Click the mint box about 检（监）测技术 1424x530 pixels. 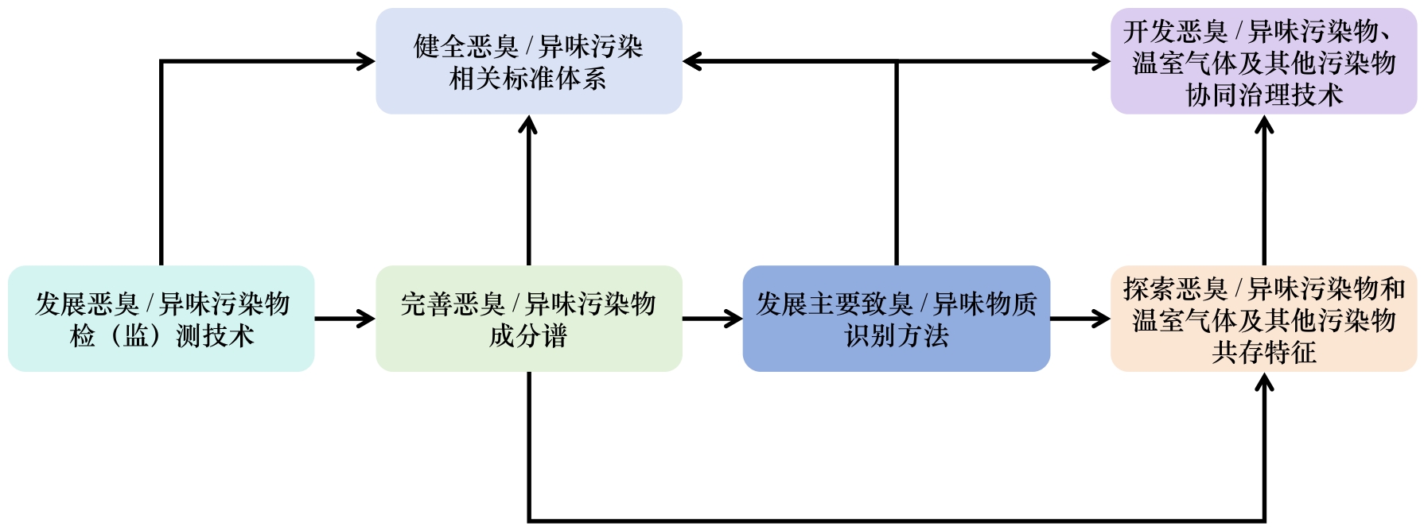pos(161,319)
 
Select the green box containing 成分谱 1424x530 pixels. pos(528,319)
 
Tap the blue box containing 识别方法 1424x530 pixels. pos(896,319)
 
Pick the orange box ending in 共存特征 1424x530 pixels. pos(1263,319)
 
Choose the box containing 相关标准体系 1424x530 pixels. pos(528,61)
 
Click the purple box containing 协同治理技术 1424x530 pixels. pos(1263,61)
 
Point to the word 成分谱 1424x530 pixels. pos(528,336)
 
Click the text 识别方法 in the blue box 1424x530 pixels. pos(897,336)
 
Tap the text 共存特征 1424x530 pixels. pos(1263,352)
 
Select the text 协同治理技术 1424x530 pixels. pos(1263,95)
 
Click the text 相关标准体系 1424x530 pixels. pos(528,79)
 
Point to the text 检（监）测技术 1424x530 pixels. pos(161,336)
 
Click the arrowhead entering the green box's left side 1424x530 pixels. pos(367,319)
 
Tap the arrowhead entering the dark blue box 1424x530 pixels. pos(734,319)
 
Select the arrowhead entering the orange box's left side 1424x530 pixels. pos(1102,319)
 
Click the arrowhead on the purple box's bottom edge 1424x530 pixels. pos(1264,124)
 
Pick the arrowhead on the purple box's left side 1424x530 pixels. pos(1102,61)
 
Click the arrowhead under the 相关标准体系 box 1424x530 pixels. pos(528,124)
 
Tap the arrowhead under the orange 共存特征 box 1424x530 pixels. pos(1264,382)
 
